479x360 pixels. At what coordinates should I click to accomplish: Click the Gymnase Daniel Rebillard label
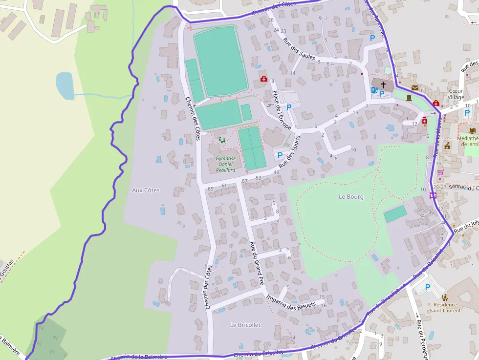pos(225,164)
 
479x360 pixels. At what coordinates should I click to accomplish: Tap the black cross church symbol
pos(383,85)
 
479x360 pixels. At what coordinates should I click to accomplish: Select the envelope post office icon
pos(415,88)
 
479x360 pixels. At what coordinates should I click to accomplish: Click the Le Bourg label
pos(351,197)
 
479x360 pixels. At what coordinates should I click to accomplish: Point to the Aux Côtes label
pos(146,190)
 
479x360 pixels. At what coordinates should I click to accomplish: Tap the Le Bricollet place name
pos(245,325)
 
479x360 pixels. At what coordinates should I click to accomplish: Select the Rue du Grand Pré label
pos(257,264)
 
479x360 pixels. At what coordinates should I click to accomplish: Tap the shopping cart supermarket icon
pos(440,172)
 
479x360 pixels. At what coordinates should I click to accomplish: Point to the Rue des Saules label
pos(299,50)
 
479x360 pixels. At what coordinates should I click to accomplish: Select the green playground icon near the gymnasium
pos(222,141)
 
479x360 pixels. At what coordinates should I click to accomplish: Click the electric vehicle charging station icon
pos(374,90)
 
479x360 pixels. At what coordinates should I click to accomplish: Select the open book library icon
pos(472,130)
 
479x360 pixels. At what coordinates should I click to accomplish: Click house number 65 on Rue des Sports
pos(211,189)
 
